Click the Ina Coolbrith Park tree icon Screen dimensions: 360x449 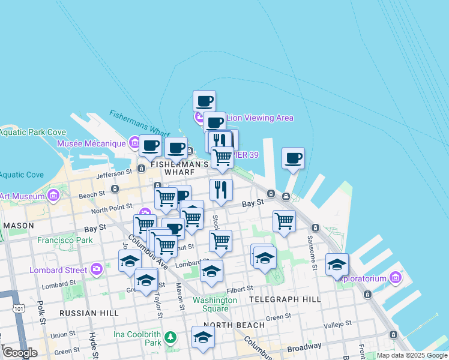coord(171,337)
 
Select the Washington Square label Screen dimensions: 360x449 coord(214,304)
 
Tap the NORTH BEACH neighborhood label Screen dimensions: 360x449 coord(238,325)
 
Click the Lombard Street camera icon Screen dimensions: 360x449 coord(97,269)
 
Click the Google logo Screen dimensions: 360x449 coord(20,352)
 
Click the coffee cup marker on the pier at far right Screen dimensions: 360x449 coord(293,158)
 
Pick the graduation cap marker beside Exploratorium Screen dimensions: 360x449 coord(337,265)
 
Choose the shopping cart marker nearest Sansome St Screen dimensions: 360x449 coord(284,221)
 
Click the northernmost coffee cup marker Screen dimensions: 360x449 coord(204,100)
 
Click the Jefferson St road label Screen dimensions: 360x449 coord(113,173)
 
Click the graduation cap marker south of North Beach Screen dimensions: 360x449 coord(203,337)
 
